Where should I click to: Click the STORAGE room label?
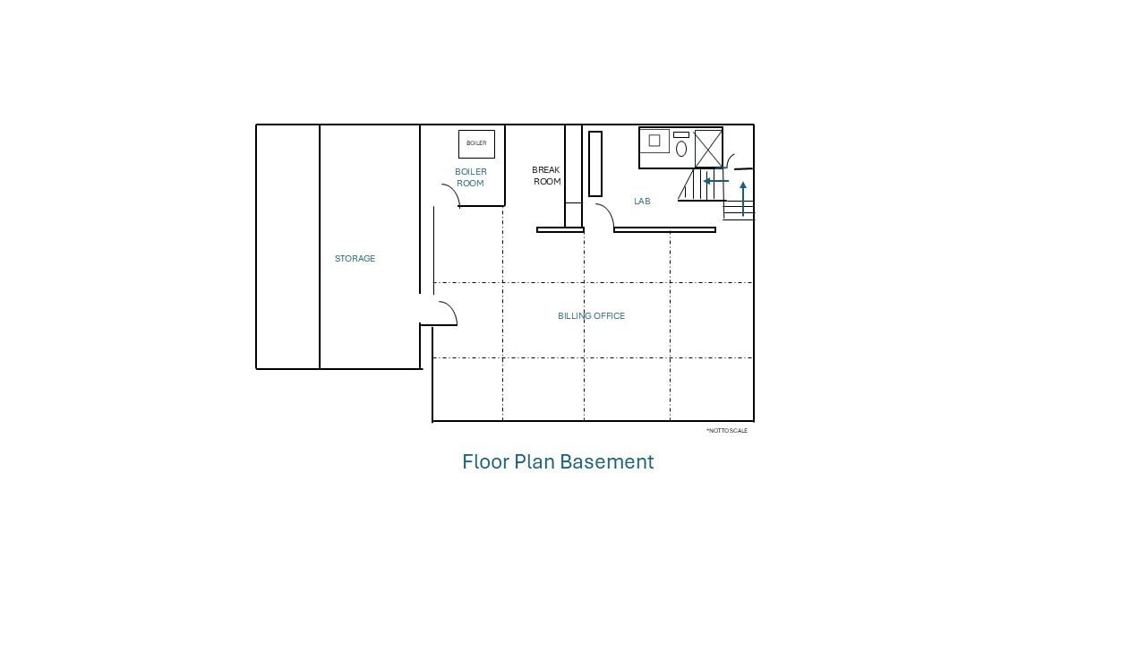355,259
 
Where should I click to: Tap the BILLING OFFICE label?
591,316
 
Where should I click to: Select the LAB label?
642,202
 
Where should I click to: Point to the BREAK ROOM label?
546,176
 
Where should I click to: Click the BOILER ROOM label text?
471,177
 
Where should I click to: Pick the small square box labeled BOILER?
476,144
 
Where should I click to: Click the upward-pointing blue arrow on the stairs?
743,199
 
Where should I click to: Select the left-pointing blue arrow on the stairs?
715,181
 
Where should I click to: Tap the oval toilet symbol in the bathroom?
681,149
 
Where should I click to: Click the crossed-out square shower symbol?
708,149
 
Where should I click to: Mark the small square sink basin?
654,141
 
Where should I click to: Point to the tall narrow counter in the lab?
595,164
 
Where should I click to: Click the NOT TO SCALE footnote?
727,431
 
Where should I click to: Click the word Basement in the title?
607,461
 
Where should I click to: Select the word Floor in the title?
485,461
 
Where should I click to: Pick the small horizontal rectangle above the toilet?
681,134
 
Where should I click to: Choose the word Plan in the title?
535,461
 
